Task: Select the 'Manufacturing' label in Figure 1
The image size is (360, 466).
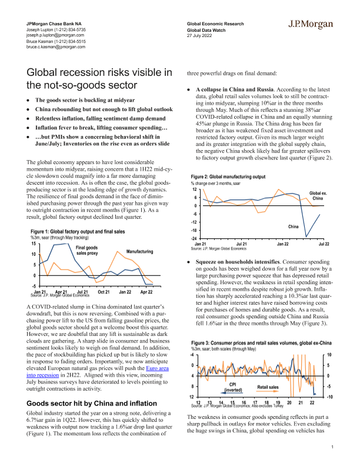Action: [x=140, y=251]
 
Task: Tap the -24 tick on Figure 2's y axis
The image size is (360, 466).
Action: [x=194, y=238]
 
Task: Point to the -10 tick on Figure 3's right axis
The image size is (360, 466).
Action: [x=330, y=397]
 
